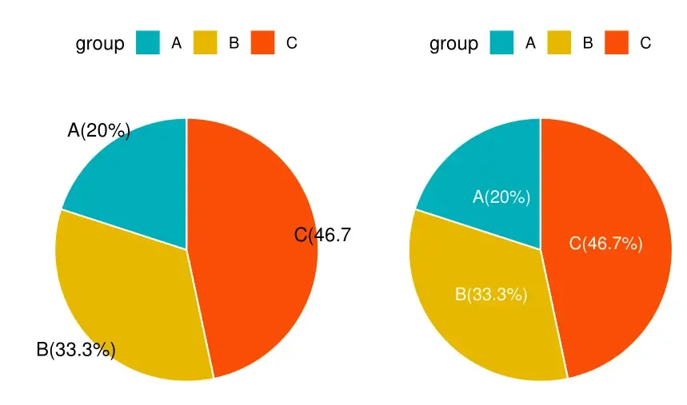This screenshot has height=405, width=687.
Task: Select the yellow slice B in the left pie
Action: pyautogui.click(x=128, y=296)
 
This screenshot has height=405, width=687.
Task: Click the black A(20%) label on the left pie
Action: pyautogui.click(x=99, y=131)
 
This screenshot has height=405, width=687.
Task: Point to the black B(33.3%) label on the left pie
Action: pyautogui.click(x=76, y=350)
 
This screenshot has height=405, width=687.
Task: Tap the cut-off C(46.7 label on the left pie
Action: pyautogui.click(x=322, y=235)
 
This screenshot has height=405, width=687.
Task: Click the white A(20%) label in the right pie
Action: pyautogui.click(x=501, y=197)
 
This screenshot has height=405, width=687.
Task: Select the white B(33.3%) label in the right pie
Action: pyautogui.click(x=491, y=294)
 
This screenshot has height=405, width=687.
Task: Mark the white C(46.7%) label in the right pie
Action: pyautogui.click(x=605, y=244)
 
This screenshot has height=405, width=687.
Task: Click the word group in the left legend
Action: pyautogui.click(x=100, y=44)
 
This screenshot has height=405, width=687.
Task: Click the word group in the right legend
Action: pyautogui.click(x=453, y=44)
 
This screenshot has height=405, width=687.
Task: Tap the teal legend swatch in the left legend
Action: pyautogui.click(x=148, y=43)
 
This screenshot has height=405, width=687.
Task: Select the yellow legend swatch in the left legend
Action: pyautogui.click(x=206, y=43)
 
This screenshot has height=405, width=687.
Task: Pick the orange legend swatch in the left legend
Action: pyautogui.click(x=263, y=43)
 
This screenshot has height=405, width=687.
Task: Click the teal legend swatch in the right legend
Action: pyautogui.click(x=501, y=43)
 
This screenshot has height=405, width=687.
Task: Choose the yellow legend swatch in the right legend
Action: pyautogui.click(x=559, y=43)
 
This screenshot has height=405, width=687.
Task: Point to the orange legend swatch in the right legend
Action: pyautogui.click(x=617, y=43)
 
